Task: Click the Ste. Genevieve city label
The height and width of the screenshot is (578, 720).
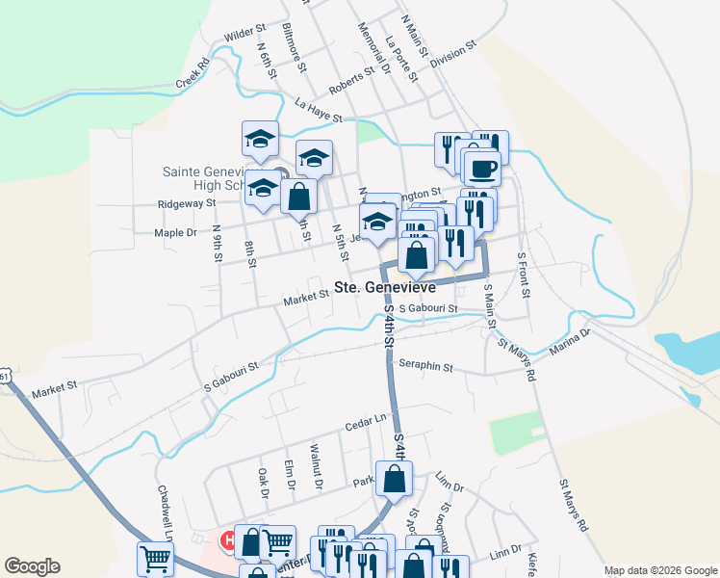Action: pos(385,287)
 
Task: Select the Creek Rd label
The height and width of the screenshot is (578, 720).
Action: pos(193,76)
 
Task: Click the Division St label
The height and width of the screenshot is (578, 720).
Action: pos(453,51)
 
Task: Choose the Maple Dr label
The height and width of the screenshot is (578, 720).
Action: pos(175,232)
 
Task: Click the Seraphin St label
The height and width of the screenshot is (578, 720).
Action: pos(425,366)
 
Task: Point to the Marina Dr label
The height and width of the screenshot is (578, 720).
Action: pos(571,343)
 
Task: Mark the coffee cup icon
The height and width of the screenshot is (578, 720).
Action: pos(482,168)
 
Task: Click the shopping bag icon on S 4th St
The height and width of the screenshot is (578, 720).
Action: pos(395,479)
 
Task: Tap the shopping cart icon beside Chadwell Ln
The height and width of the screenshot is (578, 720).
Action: pos(156,558)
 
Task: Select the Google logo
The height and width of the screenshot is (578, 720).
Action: pos(32,566)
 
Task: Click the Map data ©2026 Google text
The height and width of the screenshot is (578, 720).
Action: pos(659,570)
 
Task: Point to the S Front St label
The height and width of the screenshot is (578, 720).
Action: pos(524,274)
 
